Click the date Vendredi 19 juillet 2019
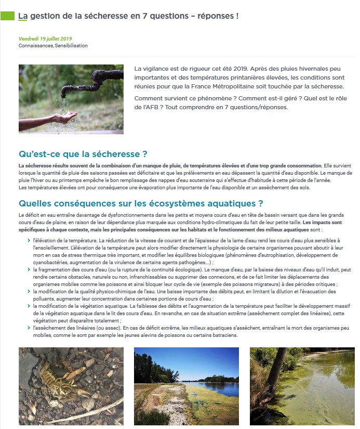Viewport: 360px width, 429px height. pos(45,38)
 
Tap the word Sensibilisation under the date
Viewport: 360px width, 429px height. pos(71,46)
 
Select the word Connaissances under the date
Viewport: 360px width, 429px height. pos(35,46)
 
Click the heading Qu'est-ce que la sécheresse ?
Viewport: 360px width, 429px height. pos(83,154)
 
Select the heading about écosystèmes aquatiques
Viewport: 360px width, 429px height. pos(141,203)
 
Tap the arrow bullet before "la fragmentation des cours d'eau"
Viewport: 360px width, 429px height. pos(28,270)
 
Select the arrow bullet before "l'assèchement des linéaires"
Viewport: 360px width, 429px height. pos(28,328)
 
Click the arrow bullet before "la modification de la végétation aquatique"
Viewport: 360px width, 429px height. pos(28,306)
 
